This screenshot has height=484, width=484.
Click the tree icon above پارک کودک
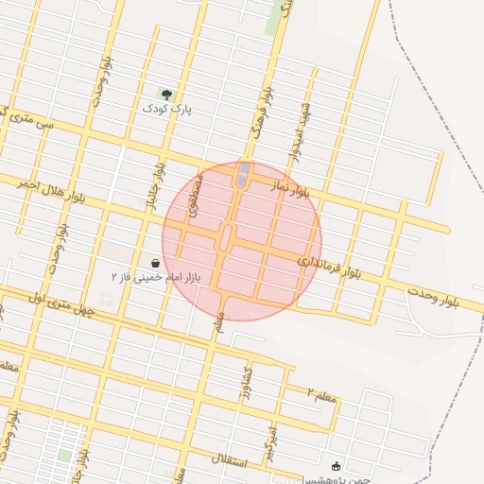[166, 95]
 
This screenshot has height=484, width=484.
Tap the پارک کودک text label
[166, 110]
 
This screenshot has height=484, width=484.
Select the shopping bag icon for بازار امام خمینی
[155, 263]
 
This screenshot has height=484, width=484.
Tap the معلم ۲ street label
[322, 392]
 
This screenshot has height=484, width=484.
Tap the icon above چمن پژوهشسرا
[336, 466]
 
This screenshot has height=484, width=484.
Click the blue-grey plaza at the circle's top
[243, 173]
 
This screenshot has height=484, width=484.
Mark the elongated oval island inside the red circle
[225, 237]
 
